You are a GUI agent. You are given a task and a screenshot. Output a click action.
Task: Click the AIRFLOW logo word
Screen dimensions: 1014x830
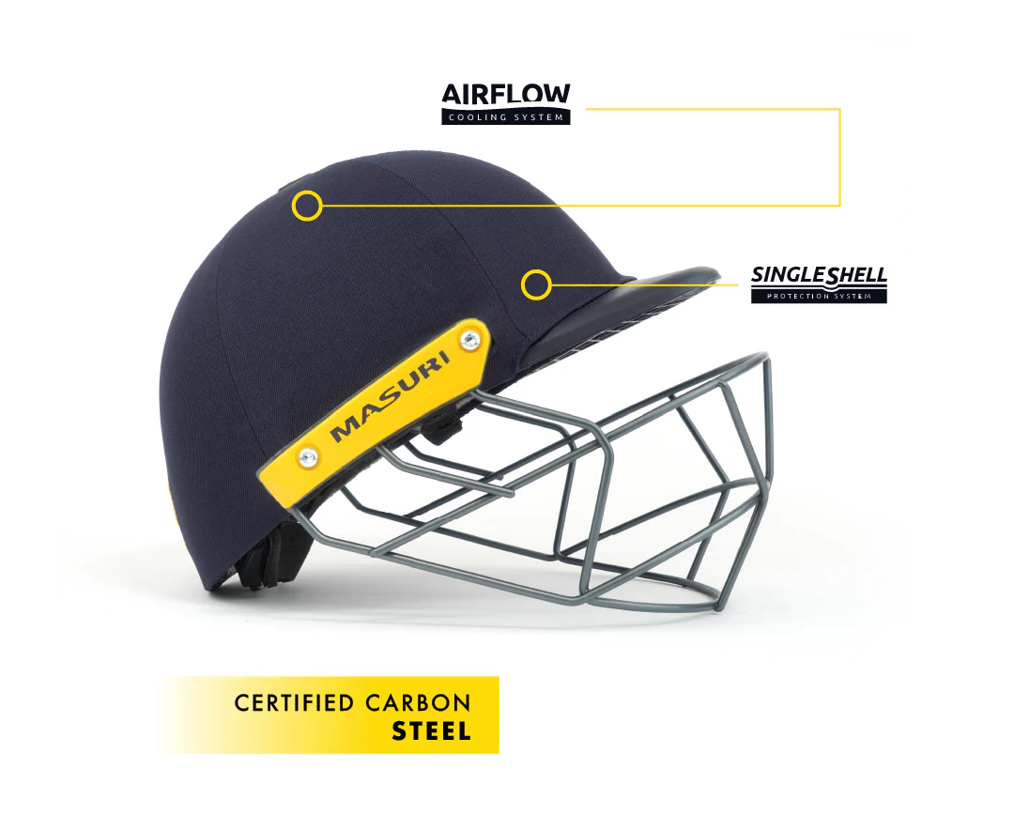pyautogui.click(x=506, y=94)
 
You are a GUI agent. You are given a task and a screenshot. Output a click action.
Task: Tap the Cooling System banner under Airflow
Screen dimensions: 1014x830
pyautogui.click(x=506, y=117)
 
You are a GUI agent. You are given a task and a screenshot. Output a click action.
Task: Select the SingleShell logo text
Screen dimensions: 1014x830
pyautogui.click(x=819, y=276)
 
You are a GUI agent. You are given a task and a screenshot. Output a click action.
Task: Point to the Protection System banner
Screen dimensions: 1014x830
pyautogui.click(x=819, y=297)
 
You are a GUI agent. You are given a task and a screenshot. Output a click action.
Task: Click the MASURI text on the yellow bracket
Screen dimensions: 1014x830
pyautogui.click(x=391, y=397)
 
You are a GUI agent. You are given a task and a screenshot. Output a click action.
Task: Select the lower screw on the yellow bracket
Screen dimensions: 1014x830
pyautogui.click(x=307, y=457)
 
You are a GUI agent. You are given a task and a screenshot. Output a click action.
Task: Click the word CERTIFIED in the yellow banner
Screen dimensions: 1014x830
pyautogui.click(x=295, y=703)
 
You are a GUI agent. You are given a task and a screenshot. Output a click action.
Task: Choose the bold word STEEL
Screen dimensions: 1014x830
pyautogui.click(x=431, y=731)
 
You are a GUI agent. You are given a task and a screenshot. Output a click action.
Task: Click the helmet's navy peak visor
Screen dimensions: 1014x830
pyautogui.click(x=621, y=311)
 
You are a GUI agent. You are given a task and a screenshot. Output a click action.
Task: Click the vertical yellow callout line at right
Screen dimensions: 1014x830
pyautogui.click(x=840, y=157)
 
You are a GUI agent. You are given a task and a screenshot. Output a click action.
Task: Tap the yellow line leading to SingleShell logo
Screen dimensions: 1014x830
pyautogui.click(x=645, y=284)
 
